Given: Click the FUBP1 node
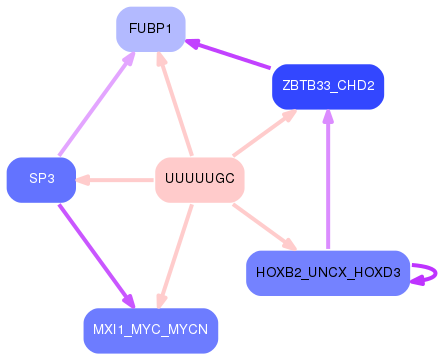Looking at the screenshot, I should (x=151, y=30).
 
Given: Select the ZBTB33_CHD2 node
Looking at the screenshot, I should (x=328, y=86).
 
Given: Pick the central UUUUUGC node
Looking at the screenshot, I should (x=200, y=179).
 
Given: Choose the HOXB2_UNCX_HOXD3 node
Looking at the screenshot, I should (x=328, y=272).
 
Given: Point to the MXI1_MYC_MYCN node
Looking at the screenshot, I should (x=151, y=329).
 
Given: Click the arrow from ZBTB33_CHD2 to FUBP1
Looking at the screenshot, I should (x=230, y=55).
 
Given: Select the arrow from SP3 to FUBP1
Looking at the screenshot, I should (x=96, y=105).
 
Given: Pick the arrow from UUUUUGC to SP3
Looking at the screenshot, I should (x=116, y=180).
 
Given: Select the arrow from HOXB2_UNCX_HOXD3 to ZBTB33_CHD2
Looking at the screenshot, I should (x=328, y=180).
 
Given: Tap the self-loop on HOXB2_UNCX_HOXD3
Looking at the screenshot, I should (x=428, y=272).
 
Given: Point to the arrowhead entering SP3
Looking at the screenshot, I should (x=85, y=180).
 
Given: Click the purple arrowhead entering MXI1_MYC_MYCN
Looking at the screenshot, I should (x=128, y=300).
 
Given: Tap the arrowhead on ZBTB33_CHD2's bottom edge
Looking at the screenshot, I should (x=328, y=116).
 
